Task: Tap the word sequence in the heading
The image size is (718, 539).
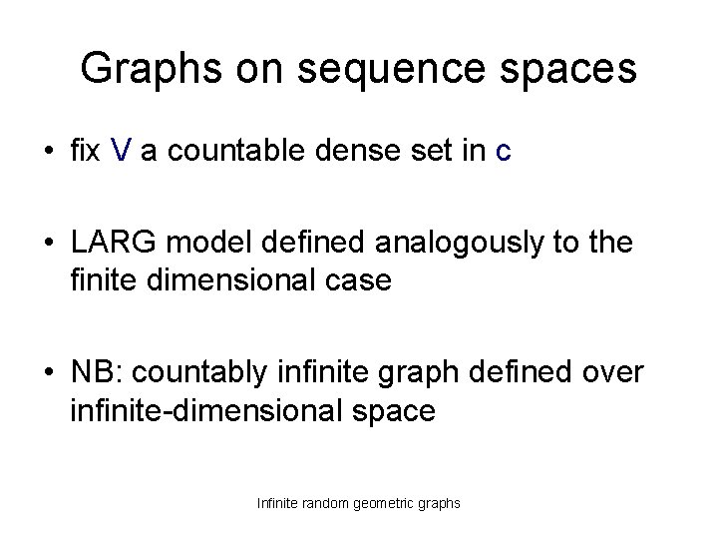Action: tap(383, 69)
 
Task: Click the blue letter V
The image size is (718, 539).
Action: tap(121, 152)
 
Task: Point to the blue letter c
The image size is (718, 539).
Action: tap(504, 152)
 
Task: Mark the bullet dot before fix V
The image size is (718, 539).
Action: tap(48, 153)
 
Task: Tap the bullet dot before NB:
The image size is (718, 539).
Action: tap(48, 372)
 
